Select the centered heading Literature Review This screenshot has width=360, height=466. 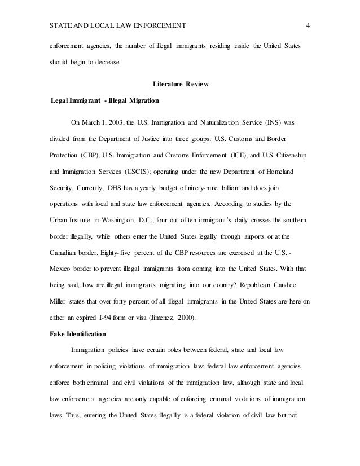[181, 85]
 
